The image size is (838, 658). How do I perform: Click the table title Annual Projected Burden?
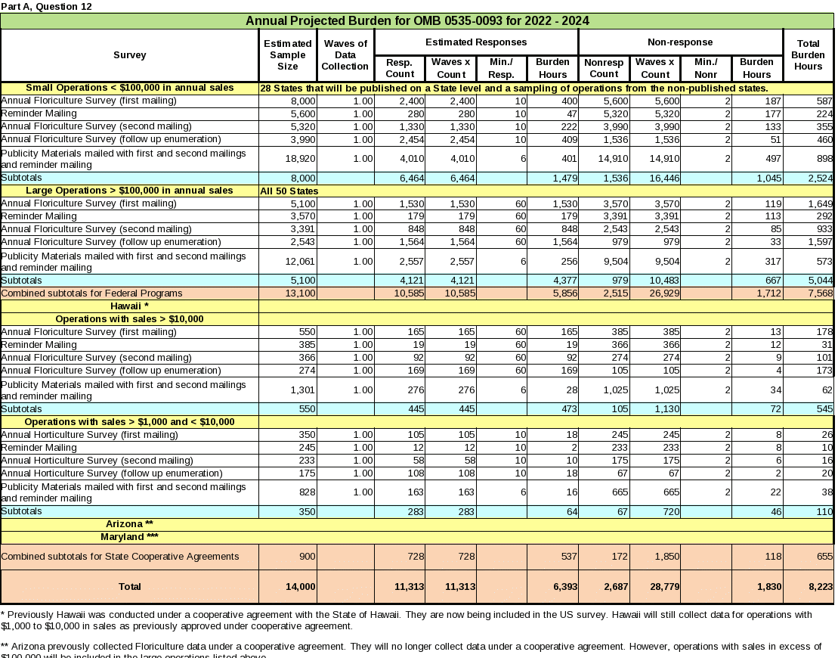point(417,20)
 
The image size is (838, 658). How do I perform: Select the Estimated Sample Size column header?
point(288,55)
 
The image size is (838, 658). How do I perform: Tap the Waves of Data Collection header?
point(345,55)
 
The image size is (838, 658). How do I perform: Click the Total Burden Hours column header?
point(808,55)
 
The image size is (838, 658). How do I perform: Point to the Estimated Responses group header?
point(476,42)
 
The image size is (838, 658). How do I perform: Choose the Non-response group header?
point(680,42)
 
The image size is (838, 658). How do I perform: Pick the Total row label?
point(130,586)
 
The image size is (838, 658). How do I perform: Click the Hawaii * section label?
point(130,306)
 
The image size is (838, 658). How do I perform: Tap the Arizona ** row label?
point(130,524)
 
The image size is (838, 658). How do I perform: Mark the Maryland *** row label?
point(130,537)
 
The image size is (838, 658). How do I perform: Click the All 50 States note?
point(289,191)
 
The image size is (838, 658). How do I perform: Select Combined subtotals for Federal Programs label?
point(92,293)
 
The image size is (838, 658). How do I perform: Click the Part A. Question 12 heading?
point(47,6)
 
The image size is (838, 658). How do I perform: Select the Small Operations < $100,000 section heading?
point(130,88)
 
